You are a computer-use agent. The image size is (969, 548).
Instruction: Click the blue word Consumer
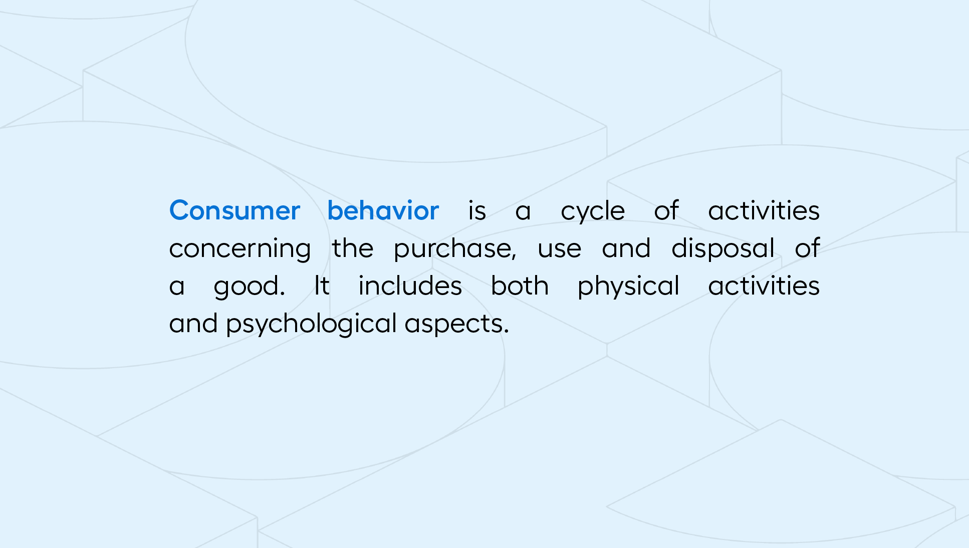[234, 210]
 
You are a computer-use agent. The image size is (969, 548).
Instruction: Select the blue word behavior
[383, 210]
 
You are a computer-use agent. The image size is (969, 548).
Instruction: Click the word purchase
[453, 248]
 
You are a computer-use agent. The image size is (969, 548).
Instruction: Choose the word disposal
[723, 248]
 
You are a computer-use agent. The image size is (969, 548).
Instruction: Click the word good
[247, 287]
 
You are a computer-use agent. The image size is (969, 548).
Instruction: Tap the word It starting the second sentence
[322, 286]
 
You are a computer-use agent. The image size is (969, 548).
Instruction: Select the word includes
[410, 286]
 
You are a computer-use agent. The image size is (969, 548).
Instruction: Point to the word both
[520, 286]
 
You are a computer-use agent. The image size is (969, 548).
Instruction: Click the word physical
[628, 287]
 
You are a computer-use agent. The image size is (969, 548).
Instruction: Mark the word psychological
[311, 325]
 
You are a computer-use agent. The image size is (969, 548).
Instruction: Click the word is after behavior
[477, 210]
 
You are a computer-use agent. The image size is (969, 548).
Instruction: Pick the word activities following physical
[764, 286]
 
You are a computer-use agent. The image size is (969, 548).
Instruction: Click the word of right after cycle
[666, 210]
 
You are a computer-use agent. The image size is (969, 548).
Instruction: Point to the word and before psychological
[193, 323]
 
